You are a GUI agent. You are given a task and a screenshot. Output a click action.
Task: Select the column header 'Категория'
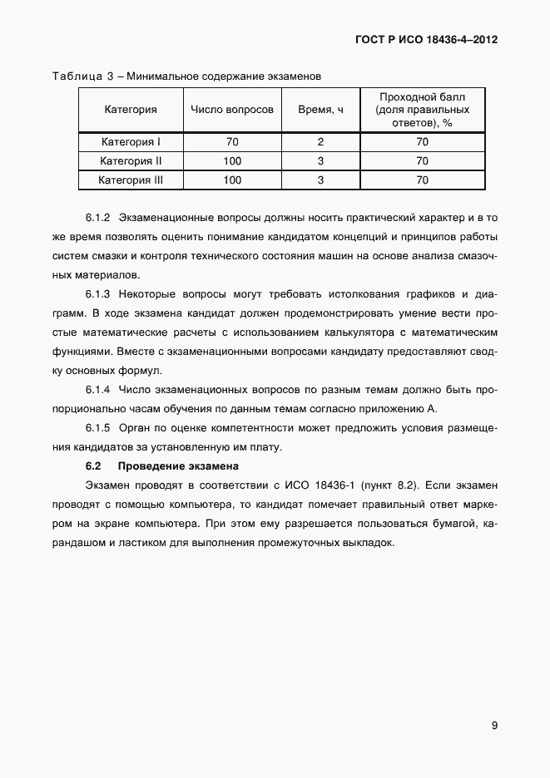[131, 109]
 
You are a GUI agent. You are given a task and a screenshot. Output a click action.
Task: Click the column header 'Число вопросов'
[232, 109]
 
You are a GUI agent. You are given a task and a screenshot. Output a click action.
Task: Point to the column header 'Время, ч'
[320, 109]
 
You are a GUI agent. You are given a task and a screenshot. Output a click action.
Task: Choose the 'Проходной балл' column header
[421, 109]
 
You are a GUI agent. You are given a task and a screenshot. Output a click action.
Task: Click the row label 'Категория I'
[131, 141]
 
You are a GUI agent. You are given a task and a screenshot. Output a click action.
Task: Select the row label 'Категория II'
[131, 160]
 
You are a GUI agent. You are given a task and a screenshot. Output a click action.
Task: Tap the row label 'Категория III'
[131, 180]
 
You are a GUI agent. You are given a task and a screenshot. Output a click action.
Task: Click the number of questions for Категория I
[232, 141]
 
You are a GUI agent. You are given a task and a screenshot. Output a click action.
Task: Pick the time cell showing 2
[320, 141]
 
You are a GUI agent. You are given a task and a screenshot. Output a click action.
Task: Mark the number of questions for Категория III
[232, 180]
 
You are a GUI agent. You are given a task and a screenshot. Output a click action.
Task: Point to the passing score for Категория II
[422, 160]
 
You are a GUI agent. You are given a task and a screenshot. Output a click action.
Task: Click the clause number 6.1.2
[98, 219]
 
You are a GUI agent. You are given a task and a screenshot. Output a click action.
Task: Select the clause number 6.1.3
[98, 294]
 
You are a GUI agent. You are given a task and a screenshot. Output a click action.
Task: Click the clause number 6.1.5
[98, 427]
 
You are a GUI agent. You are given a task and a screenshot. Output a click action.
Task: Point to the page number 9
[494, 726]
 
